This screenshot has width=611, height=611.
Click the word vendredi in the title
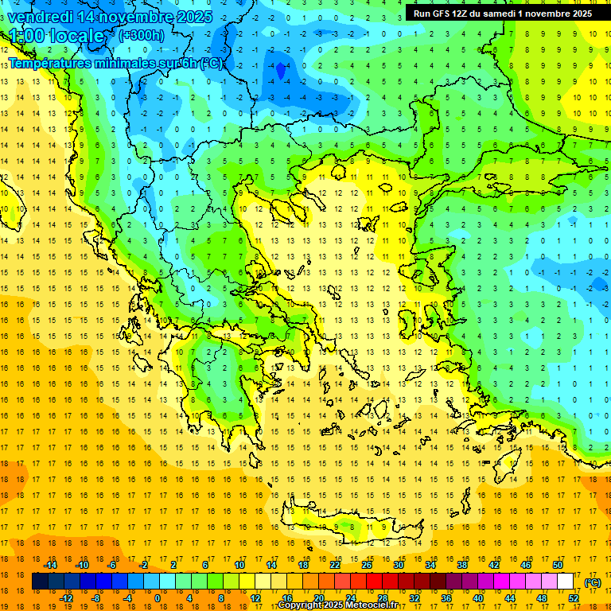(x=41, y=16)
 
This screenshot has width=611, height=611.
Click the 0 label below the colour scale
(x=157, y=597)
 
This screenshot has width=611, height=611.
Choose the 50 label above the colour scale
(x=558, y=565)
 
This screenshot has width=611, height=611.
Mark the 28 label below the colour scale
(x=382, y=597)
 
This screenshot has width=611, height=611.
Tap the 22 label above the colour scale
(x=335, y=565)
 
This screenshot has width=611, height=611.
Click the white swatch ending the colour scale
(x=566, y=582)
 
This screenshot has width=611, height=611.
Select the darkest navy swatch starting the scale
(x=40, y=582)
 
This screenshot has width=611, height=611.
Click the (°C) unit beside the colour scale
(x=592, y=582)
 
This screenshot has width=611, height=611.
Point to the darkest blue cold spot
(x=280, y=72)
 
